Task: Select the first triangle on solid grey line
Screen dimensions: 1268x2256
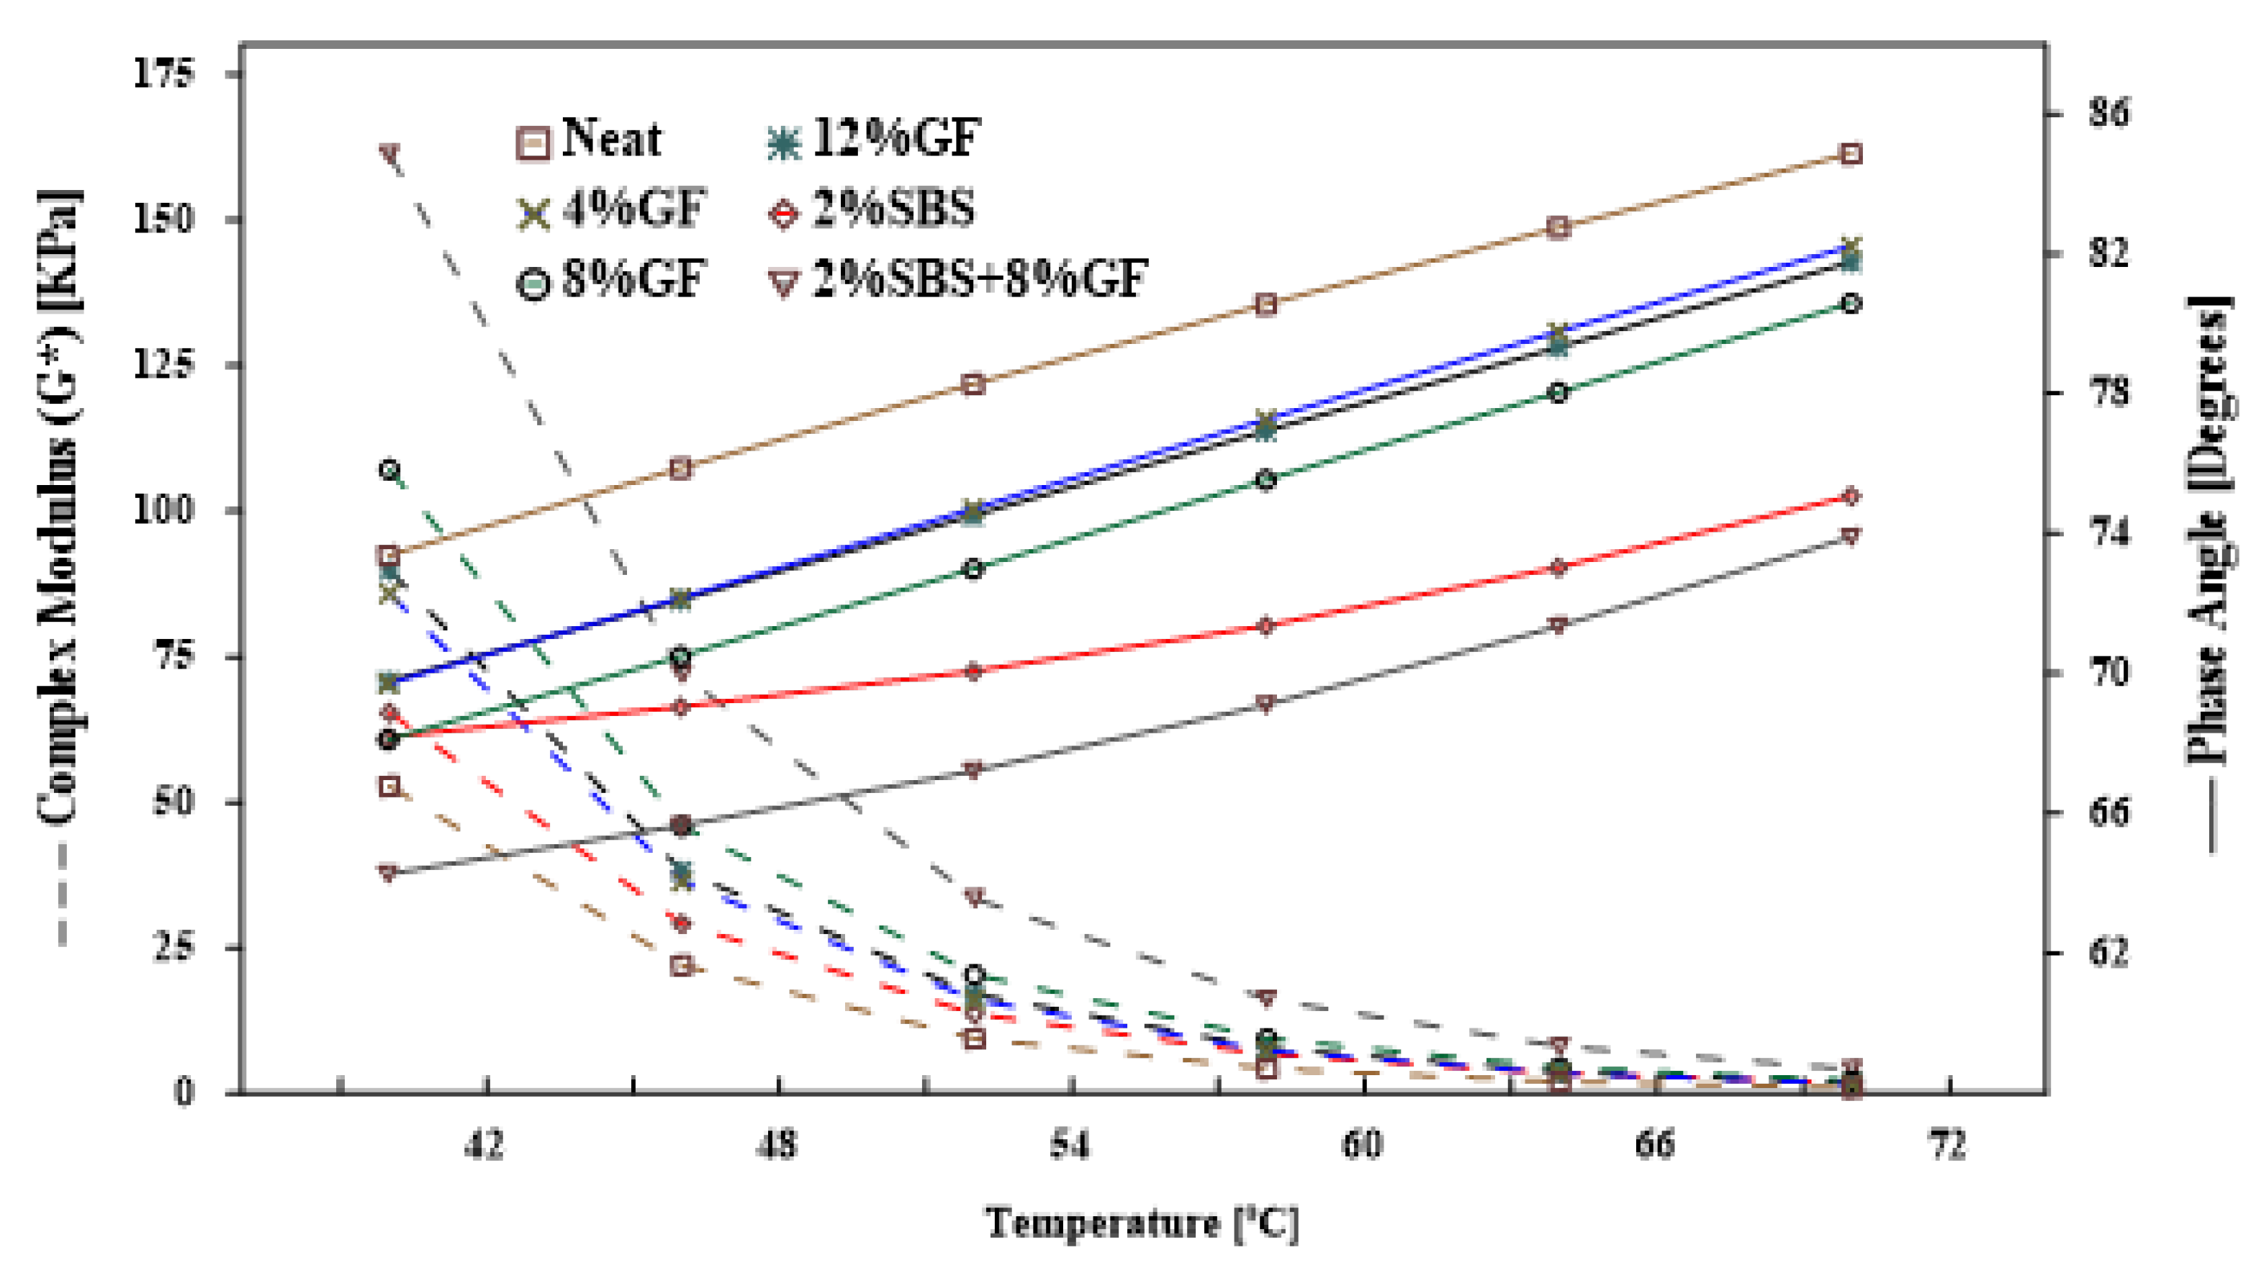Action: tap(389, 872)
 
